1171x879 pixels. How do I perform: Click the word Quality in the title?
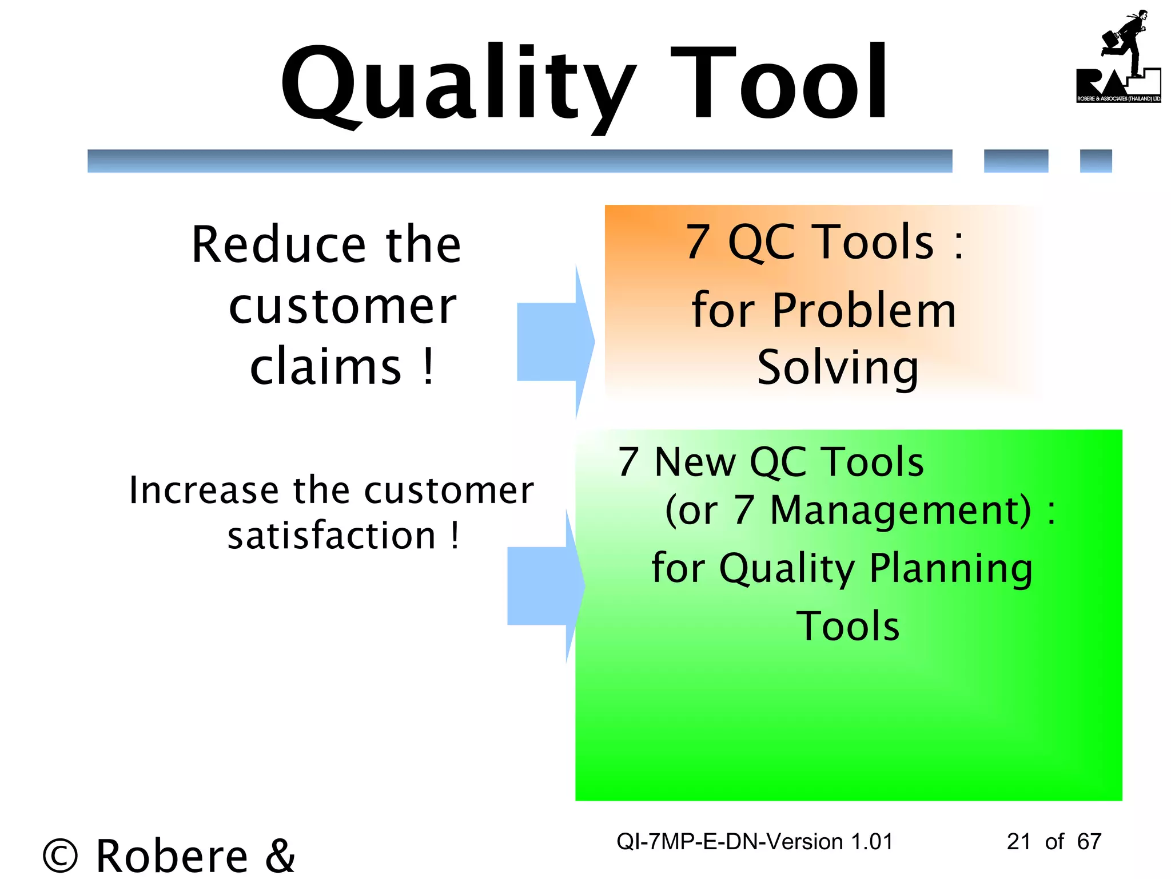click(457, 86)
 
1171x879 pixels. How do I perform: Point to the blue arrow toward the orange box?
click(555, 342)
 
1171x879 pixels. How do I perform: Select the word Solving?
click(838, 368)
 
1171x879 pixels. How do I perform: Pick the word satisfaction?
click(332, 536)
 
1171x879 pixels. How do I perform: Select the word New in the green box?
click(695, 462)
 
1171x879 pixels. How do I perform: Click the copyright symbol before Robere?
click(60, 856)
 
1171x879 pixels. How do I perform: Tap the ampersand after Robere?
click(280, 855)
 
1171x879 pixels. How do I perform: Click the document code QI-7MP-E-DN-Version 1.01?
click(754, 842)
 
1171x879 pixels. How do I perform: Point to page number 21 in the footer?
click(1018, 842)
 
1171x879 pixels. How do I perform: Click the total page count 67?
click(1089, 842)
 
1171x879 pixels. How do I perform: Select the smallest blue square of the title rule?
click(1096, 161)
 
